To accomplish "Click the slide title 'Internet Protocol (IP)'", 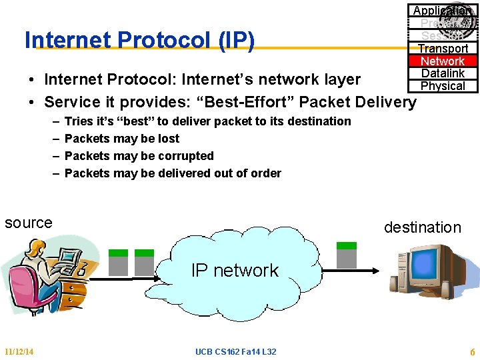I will (x=139, y=41).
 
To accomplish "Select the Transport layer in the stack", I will (x=443, y=49).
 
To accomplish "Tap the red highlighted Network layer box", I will (x=443, y=61).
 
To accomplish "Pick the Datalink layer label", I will (x=443, y=73).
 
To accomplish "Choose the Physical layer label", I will (x=443, y=86).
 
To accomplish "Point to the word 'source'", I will (x=28, y=223).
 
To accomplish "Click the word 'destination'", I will (x=422, y=227).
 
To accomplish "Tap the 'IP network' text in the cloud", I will (x=235, y=270).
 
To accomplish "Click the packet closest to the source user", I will (x=119, y=263).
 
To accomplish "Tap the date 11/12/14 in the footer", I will (x=19, y=351).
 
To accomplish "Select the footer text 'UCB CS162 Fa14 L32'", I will (x=235, y=351).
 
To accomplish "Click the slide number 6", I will (x=472, y=351).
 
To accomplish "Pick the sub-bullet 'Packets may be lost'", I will (x=122, y=139).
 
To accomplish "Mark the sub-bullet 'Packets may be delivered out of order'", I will (x=173, y=173).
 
